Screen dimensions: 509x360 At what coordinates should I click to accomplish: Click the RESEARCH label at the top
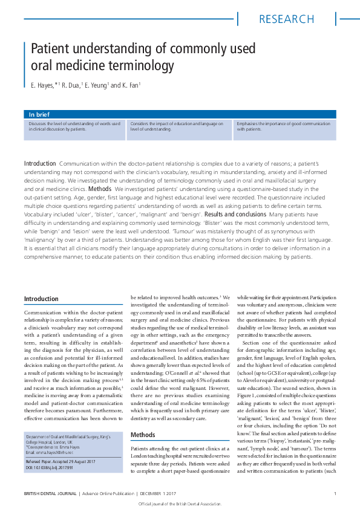(x=285, y=19)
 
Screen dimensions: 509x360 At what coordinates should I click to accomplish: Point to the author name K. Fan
(x=131, y=86)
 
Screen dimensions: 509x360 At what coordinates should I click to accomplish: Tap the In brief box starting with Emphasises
(x=284, y=126)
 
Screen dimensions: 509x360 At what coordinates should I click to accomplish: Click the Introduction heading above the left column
(x=41, y=299)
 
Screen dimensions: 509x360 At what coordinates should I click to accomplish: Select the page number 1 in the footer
(x=335, y=494)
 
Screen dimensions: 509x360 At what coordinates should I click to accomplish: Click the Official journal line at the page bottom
(x=180, y=504)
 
